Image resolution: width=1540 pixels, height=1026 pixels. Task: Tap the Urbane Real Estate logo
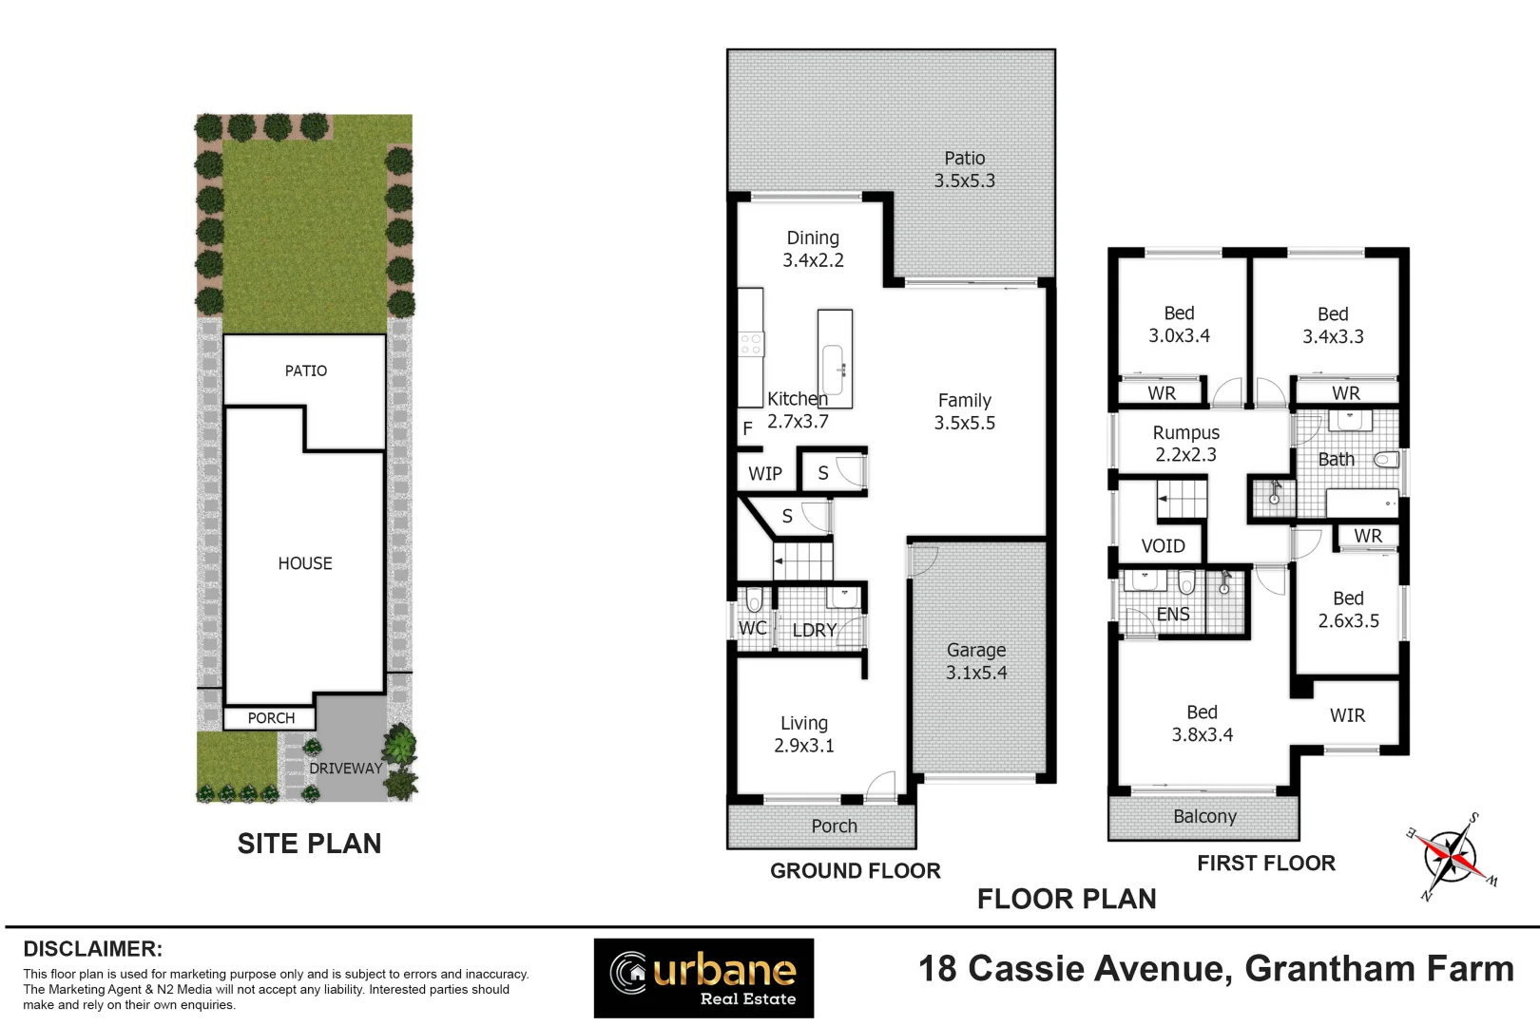(x=703, y=978)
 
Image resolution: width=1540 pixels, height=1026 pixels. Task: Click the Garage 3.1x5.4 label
(x=976, y=661)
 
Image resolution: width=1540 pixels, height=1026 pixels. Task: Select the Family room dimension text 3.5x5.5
(x=964, y=424)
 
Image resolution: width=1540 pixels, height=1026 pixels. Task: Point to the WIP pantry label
(x=764, y=473)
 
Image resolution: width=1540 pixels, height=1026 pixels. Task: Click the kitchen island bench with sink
(x=835, y=359)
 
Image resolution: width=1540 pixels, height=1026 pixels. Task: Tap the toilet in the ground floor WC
(x=754, y=600)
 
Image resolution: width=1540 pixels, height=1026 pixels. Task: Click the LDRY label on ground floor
(x=814, y=630)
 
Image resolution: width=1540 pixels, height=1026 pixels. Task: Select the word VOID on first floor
(x=1163, y=546)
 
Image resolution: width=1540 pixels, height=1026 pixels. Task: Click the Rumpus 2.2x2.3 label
(x=1185, y=444)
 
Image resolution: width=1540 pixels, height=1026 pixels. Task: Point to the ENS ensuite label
(x=1173, y=615)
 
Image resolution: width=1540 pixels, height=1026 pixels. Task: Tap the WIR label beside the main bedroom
(x=1347, y=715)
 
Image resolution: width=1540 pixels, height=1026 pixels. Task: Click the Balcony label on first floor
(x=1204, y=817)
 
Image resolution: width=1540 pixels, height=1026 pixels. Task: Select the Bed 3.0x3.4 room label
(x=1179, y=324)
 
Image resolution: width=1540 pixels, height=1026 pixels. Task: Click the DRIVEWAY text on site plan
(x=346, y=768)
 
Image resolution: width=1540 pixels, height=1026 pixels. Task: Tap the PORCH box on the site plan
(x=271, y=718)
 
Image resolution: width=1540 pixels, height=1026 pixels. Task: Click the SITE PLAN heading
(x=309, y=844)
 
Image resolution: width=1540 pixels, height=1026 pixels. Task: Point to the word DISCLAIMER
(x=92, y=949)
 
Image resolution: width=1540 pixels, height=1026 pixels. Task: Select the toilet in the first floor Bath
(x=1386, y=460)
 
